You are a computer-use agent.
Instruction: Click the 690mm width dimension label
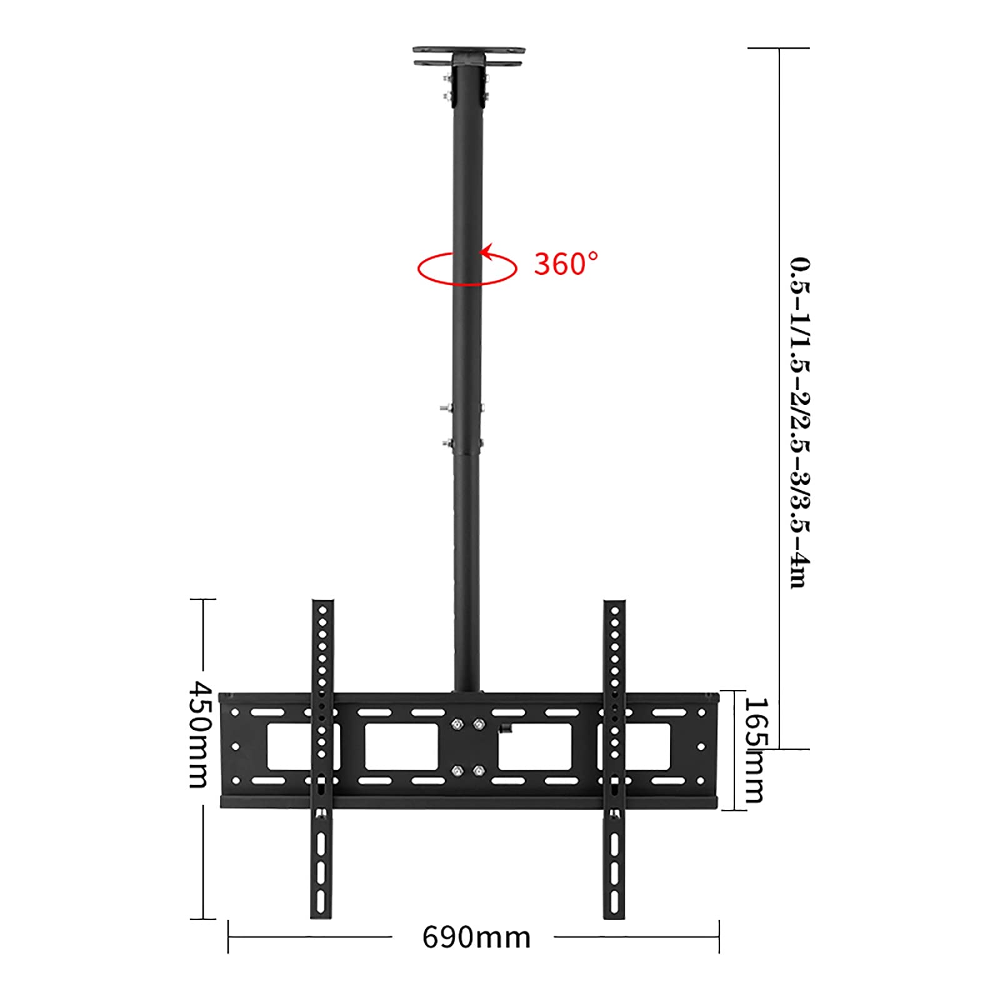point(476,937)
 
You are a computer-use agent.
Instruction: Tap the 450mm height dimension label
point(202,734)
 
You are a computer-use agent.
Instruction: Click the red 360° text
point(566,264)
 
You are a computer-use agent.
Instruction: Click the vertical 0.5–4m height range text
point(799,422)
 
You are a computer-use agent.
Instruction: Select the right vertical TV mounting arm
point(614,759)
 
